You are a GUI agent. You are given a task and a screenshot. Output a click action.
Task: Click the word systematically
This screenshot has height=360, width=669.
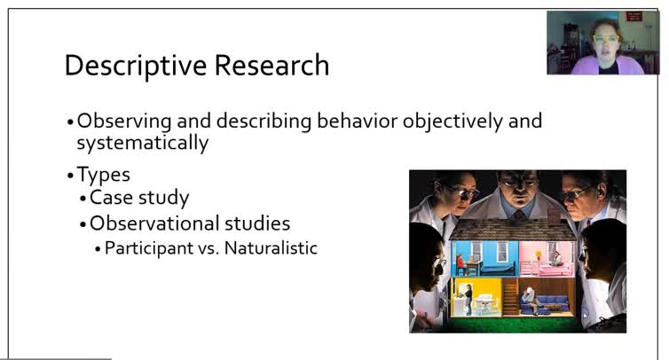click(143, 143)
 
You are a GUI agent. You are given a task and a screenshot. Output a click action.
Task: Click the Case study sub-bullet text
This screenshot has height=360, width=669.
click(139, 198)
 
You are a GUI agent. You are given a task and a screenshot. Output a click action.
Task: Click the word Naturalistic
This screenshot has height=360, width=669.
click(271, 248)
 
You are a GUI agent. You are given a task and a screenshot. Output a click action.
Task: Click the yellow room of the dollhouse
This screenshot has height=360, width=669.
click(471, 299)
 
